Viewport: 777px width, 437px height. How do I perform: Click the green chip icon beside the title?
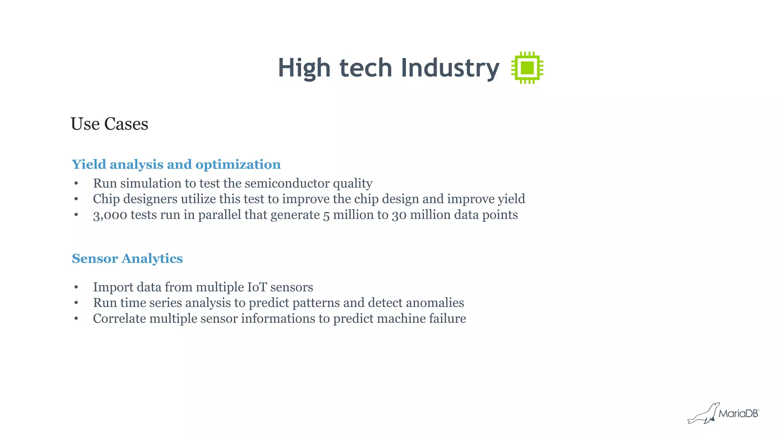[x=527, y=68]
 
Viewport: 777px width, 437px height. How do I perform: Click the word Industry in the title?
[x=450, y=68]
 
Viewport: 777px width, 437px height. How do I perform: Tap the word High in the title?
[x=304, y=68]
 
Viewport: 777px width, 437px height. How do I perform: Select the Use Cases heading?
[x=109, y=124]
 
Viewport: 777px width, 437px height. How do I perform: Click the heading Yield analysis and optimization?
[x=176, y=164]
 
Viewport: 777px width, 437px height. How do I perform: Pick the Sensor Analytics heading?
[x=127, y=258]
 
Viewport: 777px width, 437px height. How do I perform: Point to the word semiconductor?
[x=287, y=183]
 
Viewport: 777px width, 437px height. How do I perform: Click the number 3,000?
[x=110, y=215]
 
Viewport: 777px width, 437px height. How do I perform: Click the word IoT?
[x=257, y=287]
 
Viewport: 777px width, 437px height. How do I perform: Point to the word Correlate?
[x=120, y=319]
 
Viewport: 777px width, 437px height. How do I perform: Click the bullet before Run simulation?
[x=76, y=184]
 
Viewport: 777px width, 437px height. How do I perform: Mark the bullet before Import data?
[x=76, y=288]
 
